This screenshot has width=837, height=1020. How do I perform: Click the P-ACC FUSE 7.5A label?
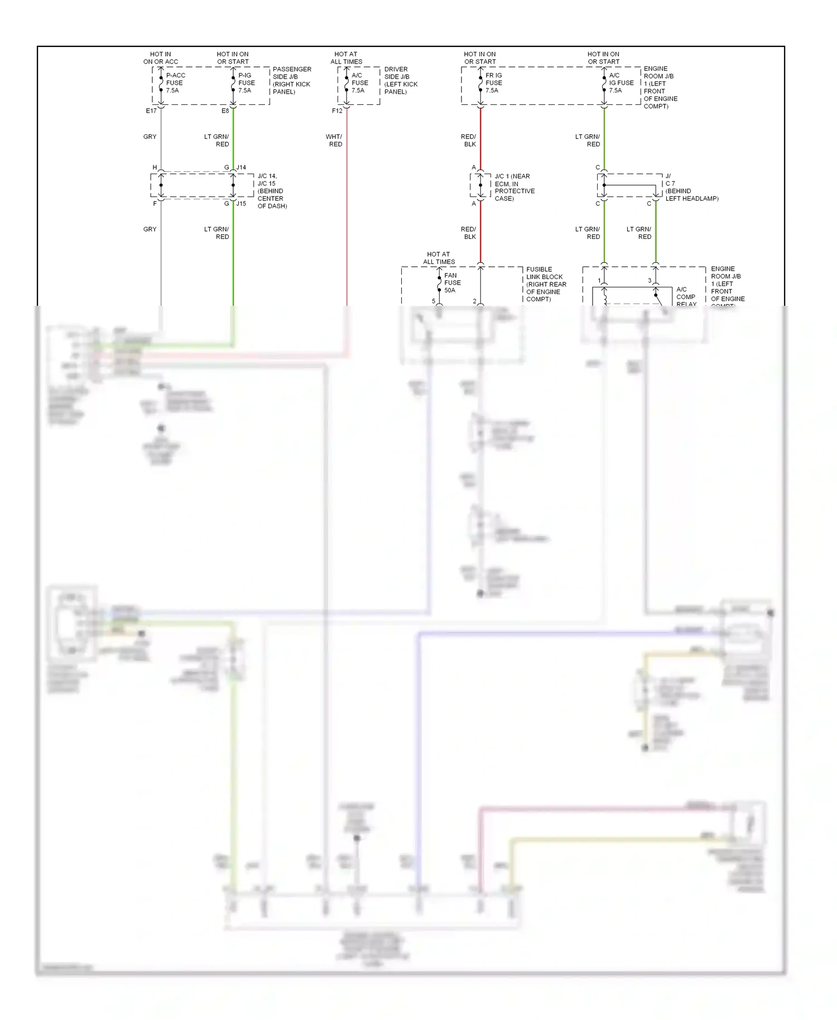(x=175, y=83)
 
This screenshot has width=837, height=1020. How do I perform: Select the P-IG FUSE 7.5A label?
(x=246, y=83)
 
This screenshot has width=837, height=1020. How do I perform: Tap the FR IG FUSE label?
(x=493, y=83)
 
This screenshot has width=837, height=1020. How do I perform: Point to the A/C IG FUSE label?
(x=621, y=83)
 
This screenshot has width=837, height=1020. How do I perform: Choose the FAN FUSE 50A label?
(x=452, y=282)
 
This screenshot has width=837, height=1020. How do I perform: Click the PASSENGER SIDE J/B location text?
(x=291, y=80)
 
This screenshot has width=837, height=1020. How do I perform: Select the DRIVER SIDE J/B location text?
(x=401, y=80)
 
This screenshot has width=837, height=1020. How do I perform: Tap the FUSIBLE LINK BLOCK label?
(x=546, y=284)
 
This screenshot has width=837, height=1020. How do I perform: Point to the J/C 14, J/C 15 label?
(x=272, y=191)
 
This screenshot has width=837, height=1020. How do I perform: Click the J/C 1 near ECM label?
(x=514, y=187)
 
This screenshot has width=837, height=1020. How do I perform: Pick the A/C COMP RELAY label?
(x=686, y=297)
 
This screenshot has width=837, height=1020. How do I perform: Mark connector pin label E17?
(x=151, y=111)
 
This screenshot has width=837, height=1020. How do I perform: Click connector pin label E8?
(x=225, y=111)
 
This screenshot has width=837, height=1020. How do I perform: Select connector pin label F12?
(x=337, y=111)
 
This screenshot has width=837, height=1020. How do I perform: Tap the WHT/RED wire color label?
(x=334, y=141)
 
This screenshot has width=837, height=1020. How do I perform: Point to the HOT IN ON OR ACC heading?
(x=161, y=58)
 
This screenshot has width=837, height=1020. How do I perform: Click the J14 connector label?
(x=241, y=167)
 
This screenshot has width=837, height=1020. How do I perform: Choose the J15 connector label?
(x=241, y=204)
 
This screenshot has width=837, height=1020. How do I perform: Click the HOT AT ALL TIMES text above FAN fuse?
(x=439, y=258)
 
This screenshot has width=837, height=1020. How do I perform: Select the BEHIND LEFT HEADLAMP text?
(x=691, y=195)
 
